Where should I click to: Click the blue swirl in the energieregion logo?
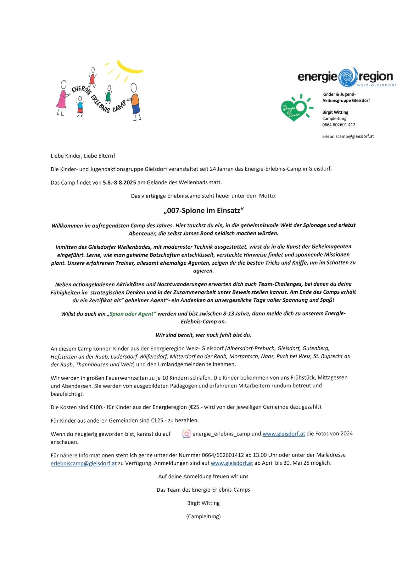(x=347, y=77)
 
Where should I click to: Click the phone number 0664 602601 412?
(x=338, y=125)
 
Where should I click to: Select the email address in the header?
(x=348, y=136)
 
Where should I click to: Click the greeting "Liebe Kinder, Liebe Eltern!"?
(x=83, y=156)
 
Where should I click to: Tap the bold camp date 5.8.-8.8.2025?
(x=119, y=182)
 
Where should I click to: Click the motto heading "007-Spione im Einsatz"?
(x=204, y=211)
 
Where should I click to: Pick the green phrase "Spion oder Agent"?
(x=131, y=314)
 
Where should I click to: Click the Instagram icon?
(x=186, y=434)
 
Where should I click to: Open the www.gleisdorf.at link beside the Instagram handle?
(x=284, y=434)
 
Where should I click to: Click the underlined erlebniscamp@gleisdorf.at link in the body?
(x=84, y=463)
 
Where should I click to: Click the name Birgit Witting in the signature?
(x=203, y=503)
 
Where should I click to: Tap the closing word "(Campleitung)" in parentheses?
(x=203, y=516)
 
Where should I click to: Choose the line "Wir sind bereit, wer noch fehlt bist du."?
(x=203, y=335)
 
